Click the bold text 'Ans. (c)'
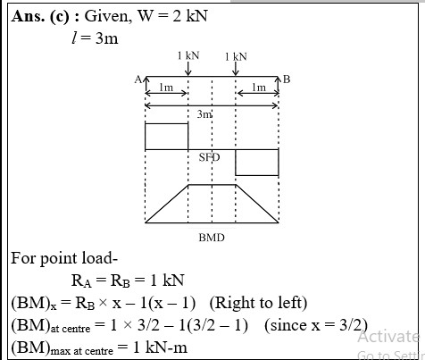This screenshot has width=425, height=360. click(x=40, y=16)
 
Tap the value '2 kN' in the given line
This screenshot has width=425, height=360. click(x=190, y=15)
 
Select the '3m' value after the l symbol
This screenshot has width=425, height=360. click(x=107, y=38)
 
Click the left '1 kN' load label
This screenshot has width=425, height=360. click(x=188, y=55)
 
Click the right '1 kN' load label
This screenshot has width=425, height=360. click(x=236, y=56)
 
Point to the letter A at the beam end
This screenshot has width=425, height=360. click(x=138, y=80)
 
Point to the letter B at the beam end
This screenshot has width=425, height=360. click(x=287, y=80)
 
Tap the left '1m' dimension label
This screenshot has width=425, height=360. click(x=166, y=88)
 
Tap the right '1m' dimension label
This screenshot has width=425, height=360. click(x=259, y=88)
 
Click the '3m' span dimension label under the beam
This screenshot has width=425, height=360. click(x=204, y=114)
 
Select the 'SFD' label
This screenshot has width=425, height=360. click(x=210, y=157)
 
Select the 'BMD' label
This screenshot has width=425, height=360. click(x=212, y=238)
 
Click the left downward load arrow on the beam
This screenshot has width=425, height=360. click(x=188, y=69)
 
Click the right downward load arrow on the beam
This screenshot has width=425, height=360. click(x=236, y=69)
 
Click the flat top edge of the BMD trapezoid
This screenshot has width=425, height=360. click(x=212, y=185)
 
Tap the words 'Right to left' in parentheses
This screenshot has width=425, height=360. click(x=258, y=303)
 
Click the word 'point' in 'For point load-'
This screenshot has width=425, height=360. click(x=56, y=259)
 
